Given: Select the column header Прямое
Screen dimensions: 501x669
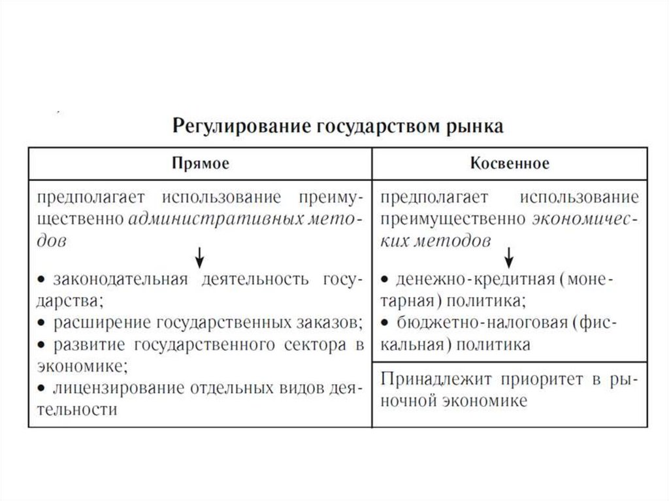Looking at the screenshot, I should tap(201, 163).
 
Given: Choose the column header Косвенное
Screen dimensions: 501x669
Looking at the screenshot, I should tap(510, 163).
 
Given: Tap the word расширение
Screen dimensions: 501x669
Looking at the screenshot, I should tap(103, 323).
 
